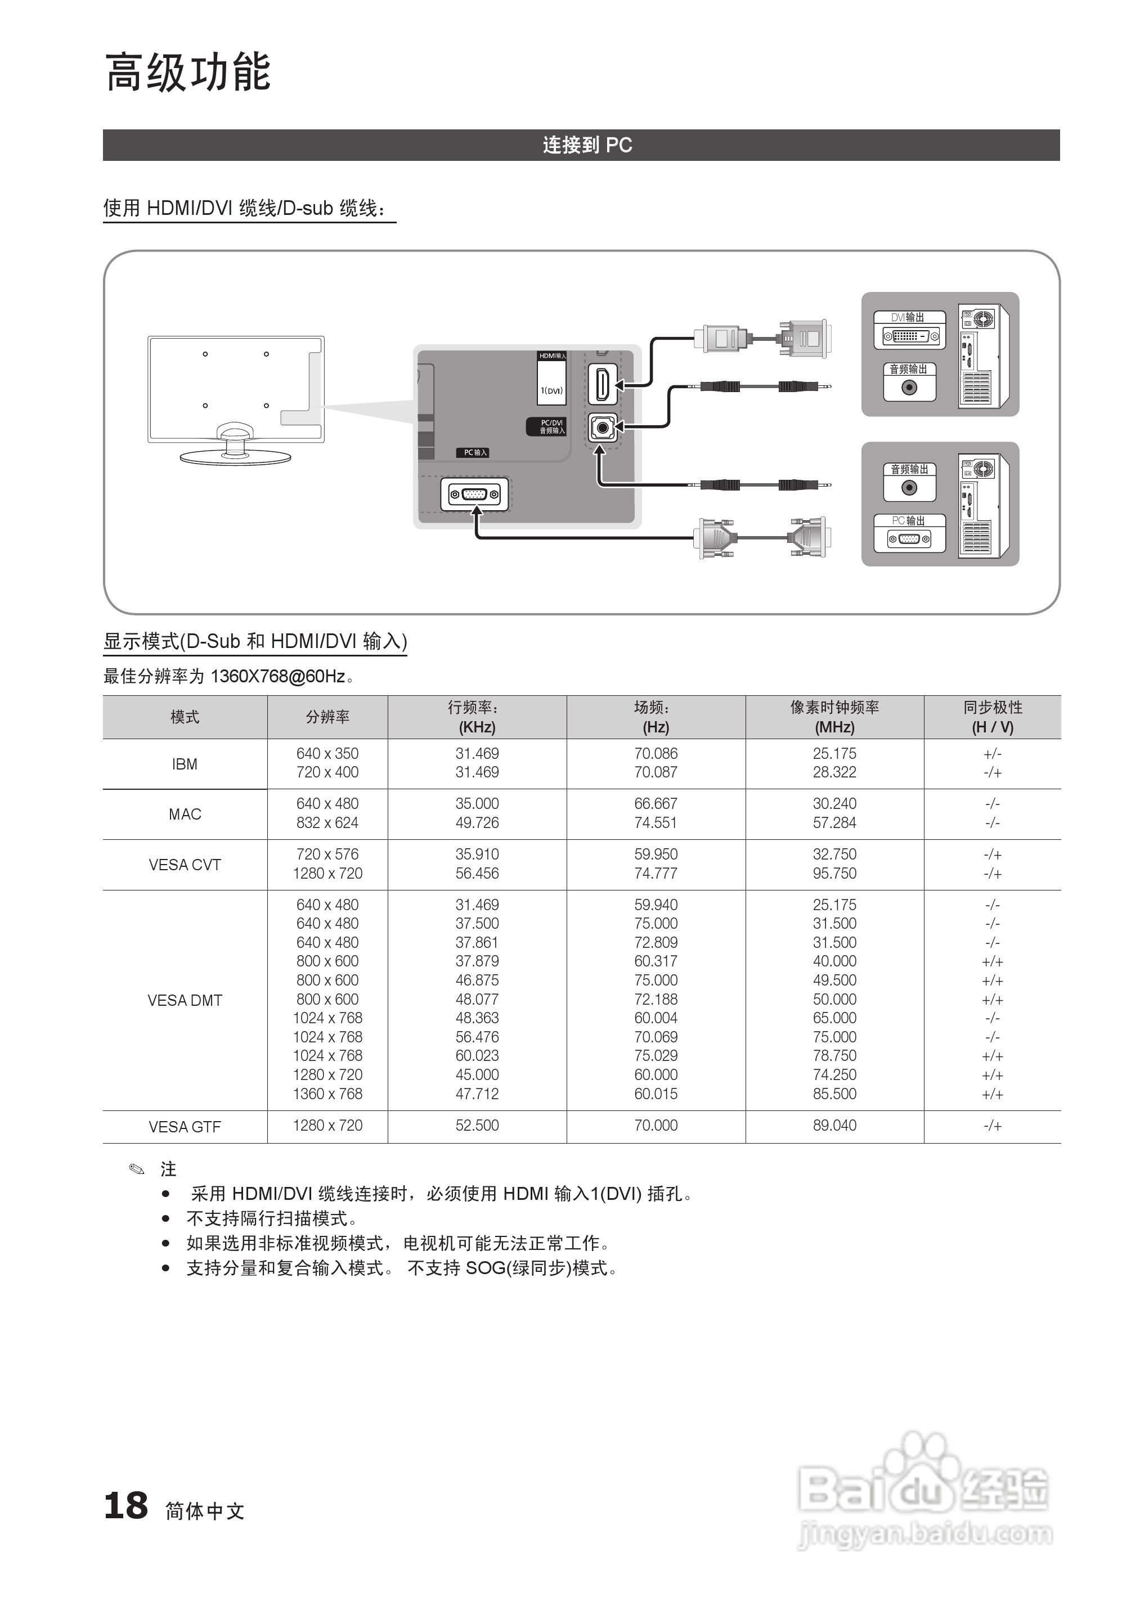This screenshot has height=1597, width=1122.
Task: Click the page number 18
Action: (x=126, y=1506)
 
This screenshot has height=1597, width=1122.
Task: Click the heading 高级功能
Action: (x=188, y=73)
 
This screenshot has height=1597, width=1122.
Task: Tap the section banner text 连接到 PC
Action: (x=587, y=145)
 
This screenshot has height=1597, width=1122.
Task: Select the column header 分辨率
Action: (x=327, y=717)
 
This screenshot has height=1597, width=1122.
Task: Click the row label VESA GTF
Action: (x=185, y=1127)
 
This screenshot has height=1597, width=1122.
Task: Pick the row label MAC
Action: (x=185, y=814)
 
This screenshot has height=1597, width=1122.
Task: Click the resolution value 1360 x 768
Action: (x=327, y=1094)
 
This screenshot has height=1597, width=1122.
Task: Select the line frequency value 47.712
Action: (x=477, y=1094)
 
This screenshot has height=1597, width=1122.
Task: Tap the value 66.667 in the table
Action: (x=656, y=803)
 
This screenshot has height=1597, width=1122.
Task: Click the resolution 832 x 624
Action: (x=327, y=823)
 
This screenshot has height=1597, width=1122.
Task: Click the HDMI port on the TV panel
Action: (x=603, y=384)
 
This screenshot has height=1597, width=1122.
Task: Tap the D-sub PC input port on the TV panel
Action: (x=474, y=494)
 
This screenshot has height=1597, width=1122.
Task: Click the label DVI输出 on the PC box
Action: (x=908, y=317)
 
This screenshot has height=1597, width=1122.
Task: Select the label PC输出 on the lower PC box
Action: (x=908, y=520)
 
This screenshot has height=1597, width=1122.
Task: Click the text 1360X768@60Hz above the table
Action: (x=278, y=676)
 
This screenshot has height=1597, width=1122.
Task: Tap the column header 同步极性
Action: (x=993, y=708)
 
